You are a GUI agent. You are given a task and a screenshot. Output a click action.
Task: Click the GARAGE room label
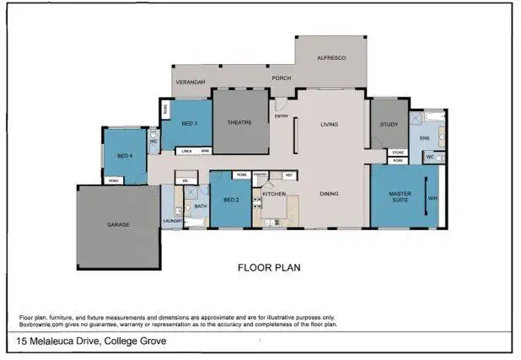click(117, 225)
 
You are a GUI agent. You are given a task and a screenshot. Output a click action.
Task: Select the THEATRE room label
click(239, 123)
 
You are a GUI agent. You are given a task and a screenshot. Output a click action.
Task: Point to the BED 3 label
click(190, 124)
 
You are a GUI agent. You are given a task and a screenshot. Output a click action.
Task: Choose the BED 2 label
click(232, 200)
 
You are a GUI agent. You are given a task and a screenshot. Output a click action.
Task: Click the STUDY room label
click(389, 124)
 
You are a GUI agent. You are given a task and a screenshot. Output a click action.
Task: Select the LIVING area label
click(329, 125)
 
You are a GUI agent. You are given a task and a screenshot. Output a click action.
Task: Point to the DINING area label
click(330, 194)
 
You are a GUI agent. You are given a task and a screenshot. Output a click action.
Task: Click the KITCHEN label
click(276, 195)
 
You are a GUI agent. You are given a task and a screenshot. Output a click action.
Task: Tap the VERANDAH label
click(190, 82)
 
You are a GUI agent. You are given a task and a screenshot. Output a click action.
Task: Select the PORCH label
click(281, 78)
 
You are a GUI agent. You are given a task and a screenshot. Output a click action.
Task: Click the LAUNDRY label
click(172, 222)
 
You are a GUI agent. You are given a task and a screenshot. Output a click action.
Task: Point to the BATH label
click(201, 206)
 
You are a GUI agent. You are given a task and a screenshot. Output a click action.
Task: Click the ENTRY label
click(282, 116)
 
